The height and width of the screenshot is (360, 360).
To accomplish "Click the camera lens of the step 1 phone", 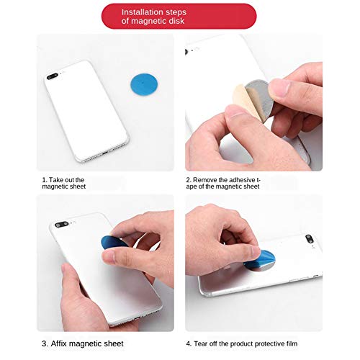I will (x=53, y=74).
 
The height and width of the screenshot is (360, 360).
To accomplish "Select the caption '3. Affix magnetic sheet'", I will (x=82, y=343).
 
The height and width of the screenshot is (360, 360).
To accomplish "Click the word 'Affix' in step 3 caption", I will (x=63, y=343).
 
